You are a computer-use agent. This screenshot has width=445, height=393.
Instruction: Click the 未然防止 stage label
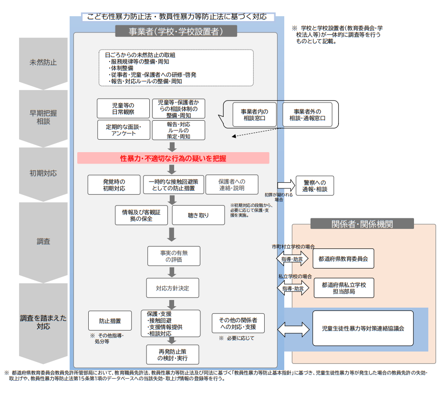pyautogui.click(x=43, y=62)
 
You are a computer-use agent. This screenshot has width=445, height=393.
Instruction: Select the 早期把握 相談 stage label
pyautogui.click(x=43, y=117)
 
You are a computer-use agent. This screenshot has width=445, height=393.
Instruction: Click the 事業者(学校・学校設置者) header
pyautogui.click(x=176, y=31)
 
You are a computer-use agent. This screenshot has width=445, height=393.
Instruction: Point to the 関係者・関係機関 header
pyautogui.click(x=362, y=224)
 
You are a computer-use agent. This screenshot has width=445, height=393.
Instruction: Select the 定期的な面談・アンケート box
pyautogui.click(x=123, y=130)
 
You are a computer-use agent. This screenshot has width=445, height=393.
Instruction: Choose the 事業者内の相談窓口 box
pyautogui.click(x=255, y=114)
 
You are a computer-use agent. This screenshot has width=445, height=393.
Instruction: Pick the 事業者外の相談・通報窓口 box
pyautogui.click(x=307, y=114)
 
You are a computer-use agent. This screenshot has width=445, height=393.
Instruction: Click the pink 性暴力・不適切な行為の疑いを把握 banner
pyautogui.click(x=173, y=158)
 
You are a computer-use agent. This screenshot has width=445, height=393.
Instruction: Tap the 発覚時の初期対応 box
pyautogui.click(x=114, y=185)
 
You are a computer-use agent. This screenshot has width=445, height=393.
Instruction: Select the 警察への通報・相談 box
pyautogui.click(x=315, y=186)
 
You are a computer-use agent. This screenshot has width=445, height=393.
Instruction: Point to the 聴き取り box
pyautogui.click(x=198, y=216)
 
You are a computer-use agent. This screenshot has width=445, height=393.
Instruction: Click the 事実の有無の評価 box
pyautogui.click(x=174, y=257)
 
